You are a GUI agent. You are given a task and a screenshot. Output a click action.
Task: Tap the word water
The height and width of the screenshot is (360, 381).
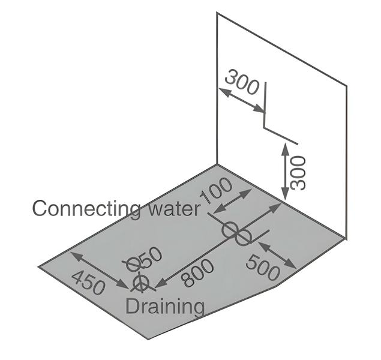(175, 209)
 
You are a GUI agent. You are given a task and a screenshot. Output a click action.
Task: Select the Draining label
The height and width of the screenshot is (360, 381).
(165, 307)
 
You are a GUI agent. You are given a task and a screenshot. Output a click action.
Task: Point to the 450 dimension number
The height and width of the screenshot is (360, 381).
(89, 283)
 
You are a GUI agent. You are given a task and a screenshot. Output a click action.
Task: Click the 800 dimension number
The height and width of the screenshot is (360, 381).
(199, 272)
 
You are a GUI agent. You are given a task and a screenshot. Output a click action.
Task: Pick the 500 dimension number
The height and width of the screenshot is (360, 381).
(262, 268)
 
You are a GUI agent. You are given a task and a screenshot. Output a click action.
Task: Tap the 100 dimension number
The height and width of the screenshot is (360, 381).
(216, 190)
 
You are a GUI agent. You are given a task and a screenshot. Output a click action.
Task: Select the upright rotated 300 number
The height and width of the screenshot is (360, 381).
(298, 173)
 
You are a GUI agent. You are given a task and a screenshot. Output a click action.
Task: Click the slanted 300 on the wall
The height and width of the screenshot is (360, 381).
(242, 82)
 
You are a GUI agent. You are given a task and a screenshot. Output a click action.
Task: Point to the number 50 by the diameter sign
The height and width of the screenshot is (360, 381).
(150, 257)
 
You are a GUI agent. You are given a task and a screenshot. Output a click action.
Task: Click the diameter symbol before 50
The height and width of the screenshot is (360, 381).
(133, 264)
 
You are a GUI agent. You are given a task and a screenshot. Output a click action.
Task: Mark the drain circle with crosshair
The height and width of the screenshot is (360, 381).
(141, 283)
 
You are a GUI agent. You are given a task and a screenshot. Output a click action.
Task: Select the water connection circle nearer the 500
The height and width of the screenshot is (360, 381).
(242, 237)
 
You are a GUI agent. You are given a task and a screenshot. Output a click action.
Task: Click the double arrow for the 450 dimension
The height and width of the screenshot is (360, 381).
(100, 270)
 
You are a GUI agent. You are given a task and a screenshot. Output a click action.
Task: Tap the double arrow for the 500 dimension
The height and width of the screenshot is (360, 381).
(277, 255)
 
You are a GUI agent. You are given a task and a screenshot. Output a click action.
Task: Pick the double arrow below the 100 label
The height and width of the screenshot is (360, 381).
(232, 201)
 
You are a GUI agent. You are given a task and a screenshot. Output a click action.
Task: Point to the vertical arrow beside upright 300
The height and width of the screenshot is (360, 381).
(285, 171)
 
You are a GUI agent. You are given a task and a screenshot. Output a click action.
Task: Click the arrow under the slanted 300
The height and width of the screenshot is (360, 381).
(241, 100)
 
